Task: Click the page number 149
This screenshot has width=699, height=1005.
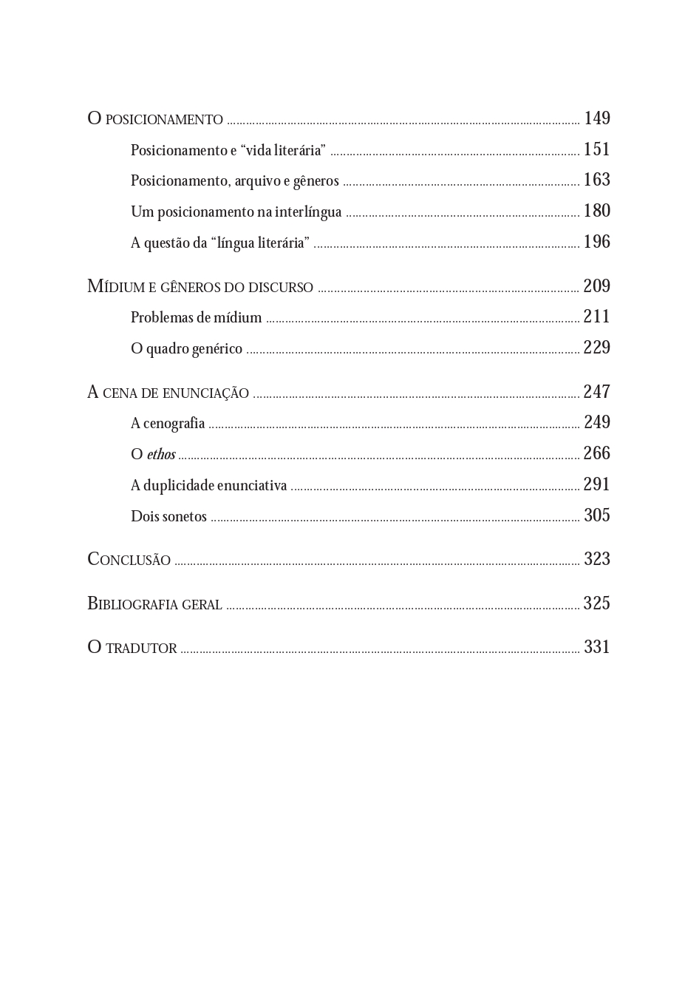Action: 597,118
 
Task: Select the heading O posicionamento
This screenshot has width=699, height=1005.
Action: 155,119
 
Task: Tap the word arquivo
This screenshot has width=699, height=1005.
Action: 257,181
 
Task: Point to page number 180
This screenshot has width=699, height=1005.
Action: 597,211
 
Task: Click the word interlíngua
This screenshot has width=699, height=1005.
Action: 308,212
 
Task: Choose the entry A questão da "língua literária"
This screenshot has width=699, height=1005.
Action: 220,243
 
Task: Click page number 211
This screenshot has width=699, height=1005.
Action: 597,317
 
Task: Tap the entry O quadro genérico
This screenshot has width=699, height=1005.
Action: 186,348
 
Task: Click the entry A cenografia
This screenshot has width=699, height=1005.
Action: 168,423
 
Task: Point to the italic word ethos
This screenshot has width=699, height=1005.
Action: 161,454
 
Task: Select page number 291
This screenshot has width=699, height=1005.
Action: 597,484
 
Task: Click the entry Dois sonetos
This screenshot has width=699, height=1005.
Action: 168,516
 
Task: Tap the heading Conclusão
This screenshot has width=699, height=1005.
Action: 129,560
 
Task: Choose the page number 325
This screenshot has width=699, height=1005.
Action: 597,603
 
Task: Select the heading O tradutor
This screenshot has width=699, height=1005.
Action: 132,648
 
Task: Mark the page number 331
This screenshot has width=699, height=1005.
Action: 597,647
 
